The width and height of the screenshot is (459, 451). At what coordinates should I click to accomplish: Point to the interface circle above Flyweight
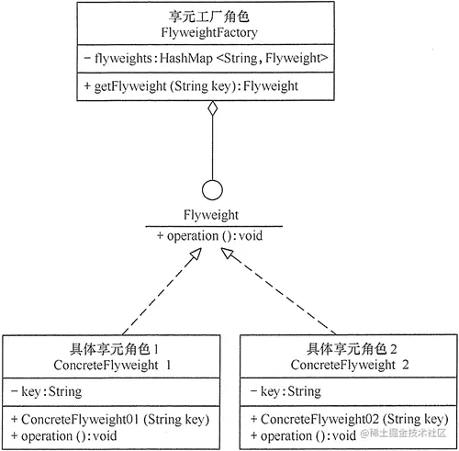pyautogui.click(x=213, y=192)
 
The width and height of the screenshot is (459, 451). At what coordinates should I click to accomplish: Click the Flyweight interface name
pyautogui.click(x=213, y=216)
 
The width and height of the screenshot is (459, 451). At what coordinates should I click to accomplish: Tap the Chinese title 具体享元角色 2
pyautogui.click(x=351, y=349)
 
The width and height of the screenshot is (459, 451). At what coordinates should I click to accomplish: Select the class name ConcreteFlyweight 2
pyautogui.click(x=351, y=365)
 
